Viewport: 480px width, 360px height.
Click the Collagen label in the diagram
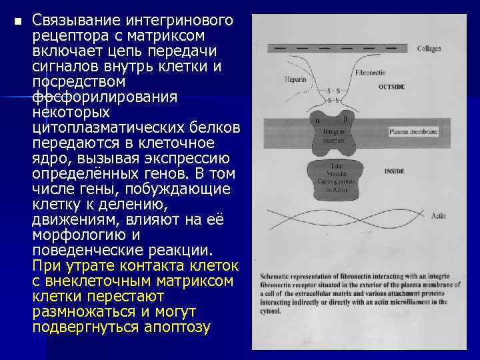pos(429,49)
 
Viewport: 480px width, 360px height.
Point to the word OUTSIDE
pos(391,87)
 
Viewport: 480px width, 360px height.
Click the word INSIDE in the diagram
pos(395,171)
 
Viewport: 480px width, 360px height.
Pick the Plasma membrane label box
pos(413,133)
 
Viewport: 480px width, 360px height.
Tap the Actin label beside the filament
pos(438,217)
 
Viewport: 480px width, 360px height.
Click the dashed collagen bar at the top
pos(337,49)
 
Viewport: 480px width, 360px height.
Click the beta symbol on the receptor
pos(345,120)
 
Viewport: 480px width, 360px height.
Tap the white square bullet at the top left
pos(17,21)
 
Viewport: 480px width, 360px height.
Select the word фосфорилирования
pos(105,97)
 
